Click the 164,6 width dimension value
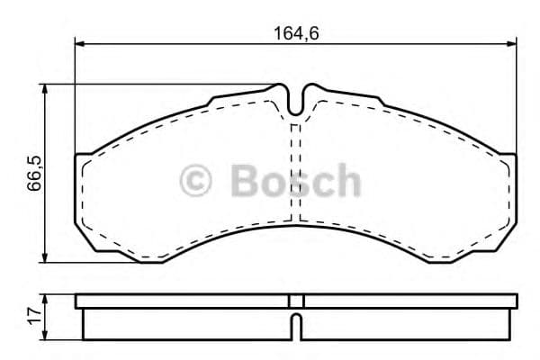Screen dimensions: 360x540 pos(297,33)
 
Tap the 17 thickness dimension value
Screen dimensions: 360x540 pos(32,316)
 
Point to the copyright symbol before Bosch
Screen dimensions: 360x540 pos(196,180)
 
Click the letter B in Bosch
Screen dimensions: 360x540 pos(246,180)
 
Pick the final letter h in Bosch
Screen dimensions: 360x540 pos(345,180)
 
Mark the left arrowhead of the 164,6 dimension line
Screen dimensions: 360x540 pos(78,42)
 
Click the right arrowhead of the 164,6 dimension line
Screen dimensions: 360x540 pos(513,42)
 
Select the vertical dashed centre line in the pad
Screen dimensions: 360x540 pos(296,171)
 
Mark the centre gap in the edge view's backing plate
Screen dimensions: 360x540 pos(296,301)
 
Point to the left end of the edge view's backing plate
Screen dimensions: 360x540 pos(79,301)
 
